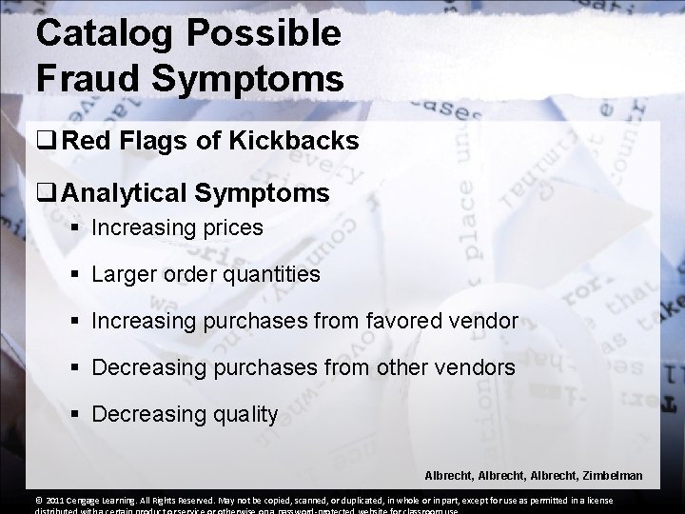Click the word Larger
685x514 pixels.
click(x=124, y=275)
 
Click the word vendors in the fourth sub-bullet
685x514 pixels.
click(x=475, y=367)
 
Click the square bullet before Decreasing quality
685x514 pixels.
click(x=75, y=415)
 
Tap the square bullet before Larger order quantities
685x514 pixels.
click(x=75, y=276)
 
